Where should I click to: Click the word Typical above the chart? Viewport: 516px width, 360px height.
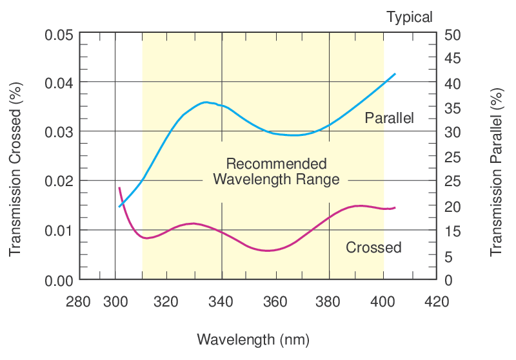(x=410, y=17)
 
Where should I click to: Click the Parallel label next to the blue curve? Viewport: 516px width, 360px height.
(x=389, y=118)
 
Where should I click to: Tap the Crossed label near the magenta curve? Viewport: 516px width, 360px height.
(x=373, y=247)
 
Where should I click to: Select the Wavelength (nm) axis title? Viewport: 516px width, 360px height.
(x=253, y=339)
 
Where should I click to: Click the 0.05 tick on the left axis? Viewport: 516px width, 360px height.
(x=58, y=33)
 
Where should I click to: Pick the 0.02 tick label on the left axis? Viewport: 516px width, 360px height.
(x=58, y=181)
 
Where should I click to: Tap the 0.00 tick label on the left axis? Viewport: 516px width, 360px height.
(x=58, y=280)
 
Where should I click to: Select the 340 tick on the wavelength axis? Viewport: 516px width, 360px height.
(x=222, y=301)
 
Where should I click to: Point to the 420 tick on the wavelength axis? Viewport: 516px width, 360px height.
(x=437, y=301)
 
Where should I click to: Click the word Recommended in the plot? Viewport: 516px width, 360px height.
(x=276, y=164)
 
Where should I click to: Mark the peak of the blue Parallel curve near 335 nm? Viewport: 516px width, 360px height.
(x=206, y=102)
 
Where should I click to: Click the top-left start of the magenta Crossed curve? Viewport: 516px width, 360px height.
(x=119, y=187)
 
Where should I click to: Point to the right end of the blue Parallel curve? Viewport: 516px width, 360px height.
(x=395, y=74)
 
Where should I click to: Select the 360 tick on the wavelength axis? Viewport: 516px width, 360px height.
(x=276, y=301)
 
